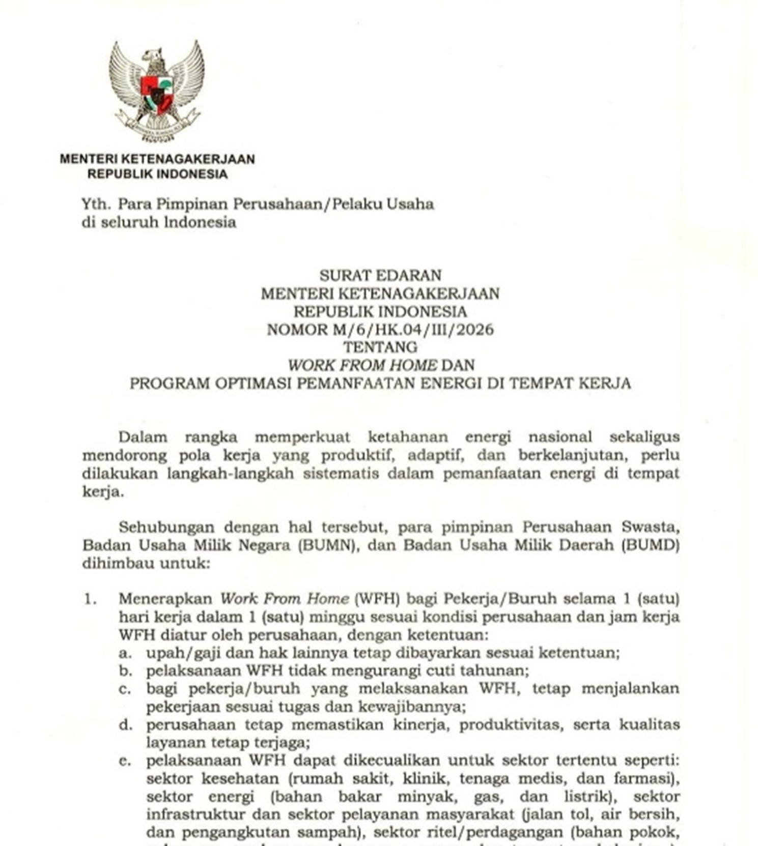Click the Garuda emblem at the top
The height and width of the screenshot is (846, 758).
click(157, 91)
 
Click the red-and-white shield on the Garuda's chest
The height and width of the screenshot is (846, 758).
click(156, 95)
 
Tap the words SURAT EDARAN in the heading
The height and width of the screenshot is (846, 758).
click(380, 275)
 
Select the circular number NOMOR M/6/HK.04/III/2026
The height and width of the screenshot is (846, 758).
click(380, 330)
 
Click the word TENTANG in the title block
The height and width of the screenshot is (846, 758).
click(380, 347)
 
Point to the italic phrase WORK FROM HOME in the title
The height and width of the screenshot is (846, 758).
click(362, 365)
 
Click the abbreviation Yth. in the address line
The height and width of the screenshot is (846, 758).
click(96, 205)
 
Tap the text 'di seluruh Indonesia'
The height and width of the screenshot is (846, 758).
click(159, 222)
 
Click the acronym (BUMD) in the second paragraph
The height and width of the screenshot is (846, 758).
click(650, 545)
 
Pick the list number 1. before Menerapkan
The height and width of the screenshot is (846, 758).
click(90, 599)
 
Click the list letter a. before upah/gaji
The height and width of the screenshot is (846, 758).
click(125, 653)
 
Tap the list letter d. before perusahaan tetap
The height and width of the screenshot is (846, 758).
click(125, 724)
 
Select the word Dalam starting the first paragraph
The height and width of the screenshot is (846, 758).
click(143, 437)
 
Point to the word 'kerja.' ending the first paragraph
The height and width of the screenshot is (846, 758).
click(103, 492)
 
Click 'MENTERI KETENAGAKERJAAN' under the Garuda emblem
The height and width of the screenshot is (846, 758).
click(157, 159)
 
